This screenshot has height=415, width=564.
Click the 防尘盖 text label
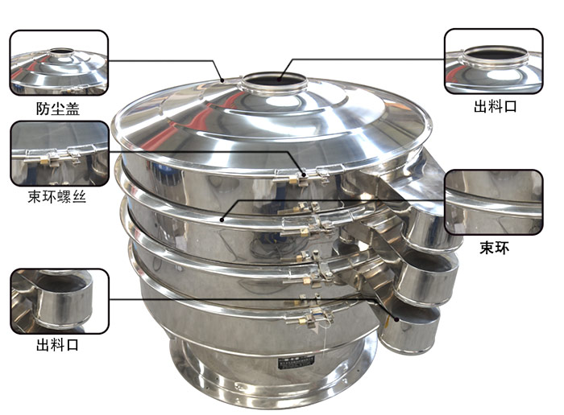click(x=57, y=109)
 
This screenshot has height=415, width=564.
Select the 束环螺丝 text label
click(x=57, y=197)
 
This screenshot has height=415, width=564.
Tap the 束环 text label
click(x=494, y=248)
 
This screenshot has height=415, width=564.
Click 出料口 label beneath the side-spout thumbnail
click(x=57, y=345)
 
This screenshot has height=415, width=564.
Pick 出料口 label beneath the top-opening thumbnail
click(x=495, y=106)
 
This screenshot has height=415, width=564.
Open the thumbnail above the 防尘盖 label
click(x=59, y=63)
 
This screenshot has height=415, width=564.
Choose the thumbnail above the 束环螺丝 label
click(x=60, y=154)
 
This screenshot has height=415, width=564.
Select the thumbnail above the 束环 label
click(x=493, y=202)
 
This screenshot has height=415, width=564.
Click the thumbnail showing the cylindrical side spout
click(x=60, y=302)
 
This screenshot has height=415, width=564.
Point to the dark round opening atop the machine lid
click(x=275, y=80)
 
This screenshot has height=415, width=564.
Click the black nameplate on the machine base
click(x=296, y=364)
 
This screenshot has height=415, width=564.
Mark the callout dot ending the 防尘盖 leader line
click(x=222, y=80)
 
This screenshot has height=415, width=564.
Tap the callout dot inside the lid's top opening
click(x=280, y=76)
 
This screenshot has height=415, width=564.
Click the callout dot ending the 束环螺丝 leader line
click(x=304, y=175)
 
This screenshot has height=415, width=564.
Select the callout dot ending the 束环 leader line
click(x=222, y=220)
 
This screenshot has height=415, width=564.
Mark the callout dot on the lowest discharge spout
click(x=396, y=318)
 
